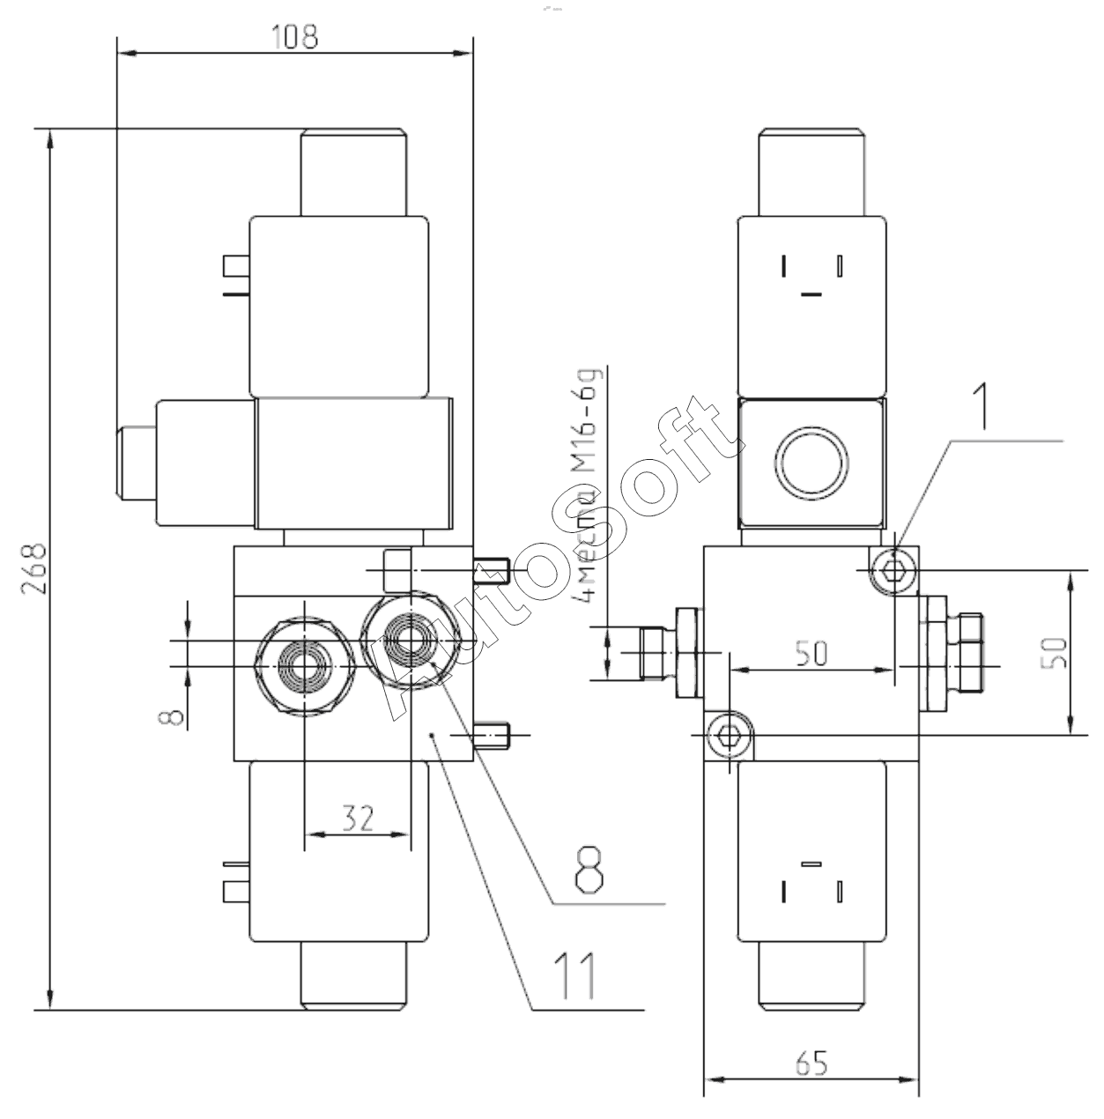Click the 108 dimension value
pyautogui.click(x=294, y=37)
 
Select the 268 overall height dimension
pyautogui.click(x=33, y=568)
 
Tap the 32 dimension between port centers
pyautogui.click(x=358, y=818)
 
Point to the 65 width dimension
pyautogui.click(x=811, y=1063)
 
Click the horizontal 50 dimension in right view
pyautogui.click(x=811, y=653)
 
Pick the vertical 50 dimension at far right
pyautogui.click(x=1054, y=652)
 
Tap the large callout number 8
pyautogui.click(x=589, y=870)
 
